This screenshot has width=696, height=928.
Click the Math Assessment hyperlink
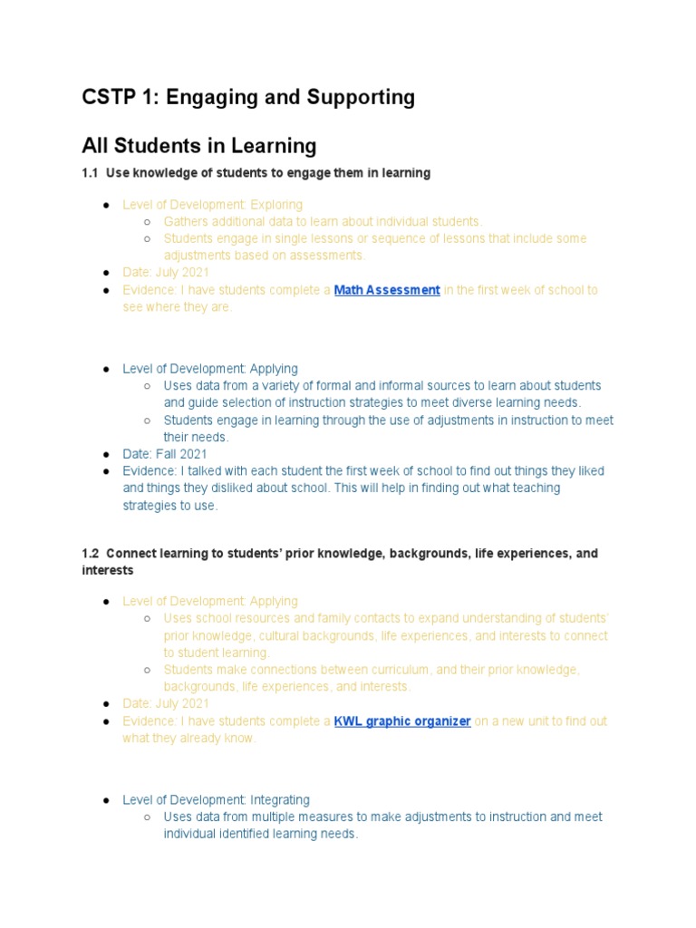pyautogui.click(x=387, y=290)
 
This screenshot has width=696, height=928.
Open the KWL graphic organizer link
pyautogui.click(x=402, y=721)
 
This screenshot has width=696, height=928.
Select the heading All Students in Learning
pyautogui.click(x=198, y=145)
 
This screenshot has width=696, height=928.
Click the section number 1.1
pyautogui.click(x=90, y=172)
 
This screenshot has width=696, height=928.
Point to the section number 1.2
pyautogui.click(x=90, y=553)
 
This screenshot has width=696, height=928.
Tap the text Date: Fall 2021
pyautogui.click(x=165, y=454)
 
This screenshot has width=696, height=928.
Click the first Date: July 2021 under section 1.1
pyautogui.click(x=166, y=273)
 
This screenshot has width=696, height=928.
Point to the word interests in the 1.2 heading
pyautogui.click(x=107, y=570)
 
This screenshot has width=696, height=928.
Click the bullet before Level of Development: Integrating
pyautogui.click(x=106, y=800)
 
